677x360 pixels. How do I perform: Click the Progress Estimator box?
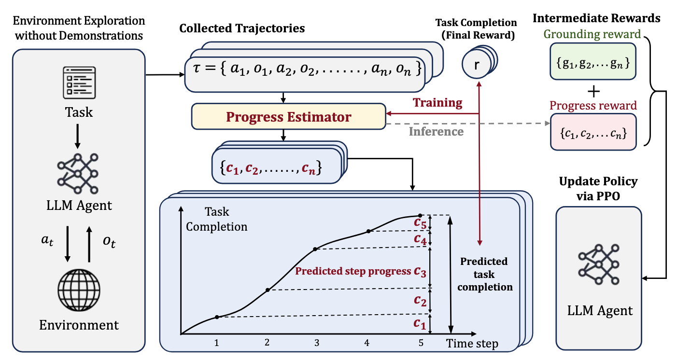tap(288, 117)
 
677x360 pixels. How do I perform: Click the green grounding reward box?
tap(592, 61)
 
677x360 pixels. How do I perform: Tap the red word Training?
tap(437, 103)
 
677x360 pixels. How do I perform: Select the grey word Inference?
tap(437, 131)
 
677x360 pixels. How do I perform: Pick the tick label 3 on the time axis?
tap(317, 343)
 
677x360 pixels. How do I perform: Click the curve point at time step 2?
tap(268, 290)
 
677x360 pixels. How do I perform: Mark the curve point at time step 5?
tap(420, 215)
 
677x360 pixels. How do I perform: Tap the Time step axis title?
tap(472, 344)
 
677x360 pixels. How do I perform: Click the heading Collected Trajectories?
tap(242, 28)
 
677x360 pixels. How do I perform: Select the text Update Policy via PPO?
tap(598, 188)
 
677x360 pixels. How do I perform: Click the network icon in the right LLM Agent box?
tap(598, 263)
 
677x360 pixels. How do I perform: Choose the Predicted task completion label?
tap(484, 274)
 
